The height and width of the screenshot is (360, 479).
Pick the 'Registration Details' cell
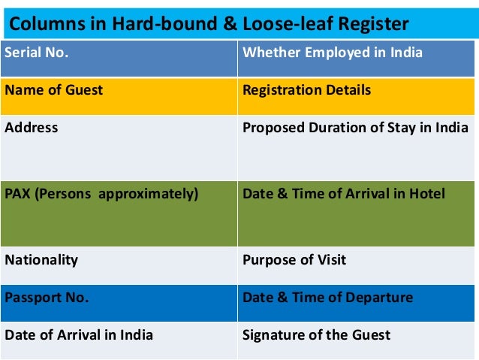357,96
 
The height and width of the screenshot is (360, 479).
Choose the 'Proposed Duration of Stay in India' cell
357,147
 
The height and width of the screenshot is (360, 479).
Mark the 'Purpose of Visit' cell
357,265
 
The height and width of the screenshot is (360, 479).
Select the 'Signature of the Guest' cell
357,338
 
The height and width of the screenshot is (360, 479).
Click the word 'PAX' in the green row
18,194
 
